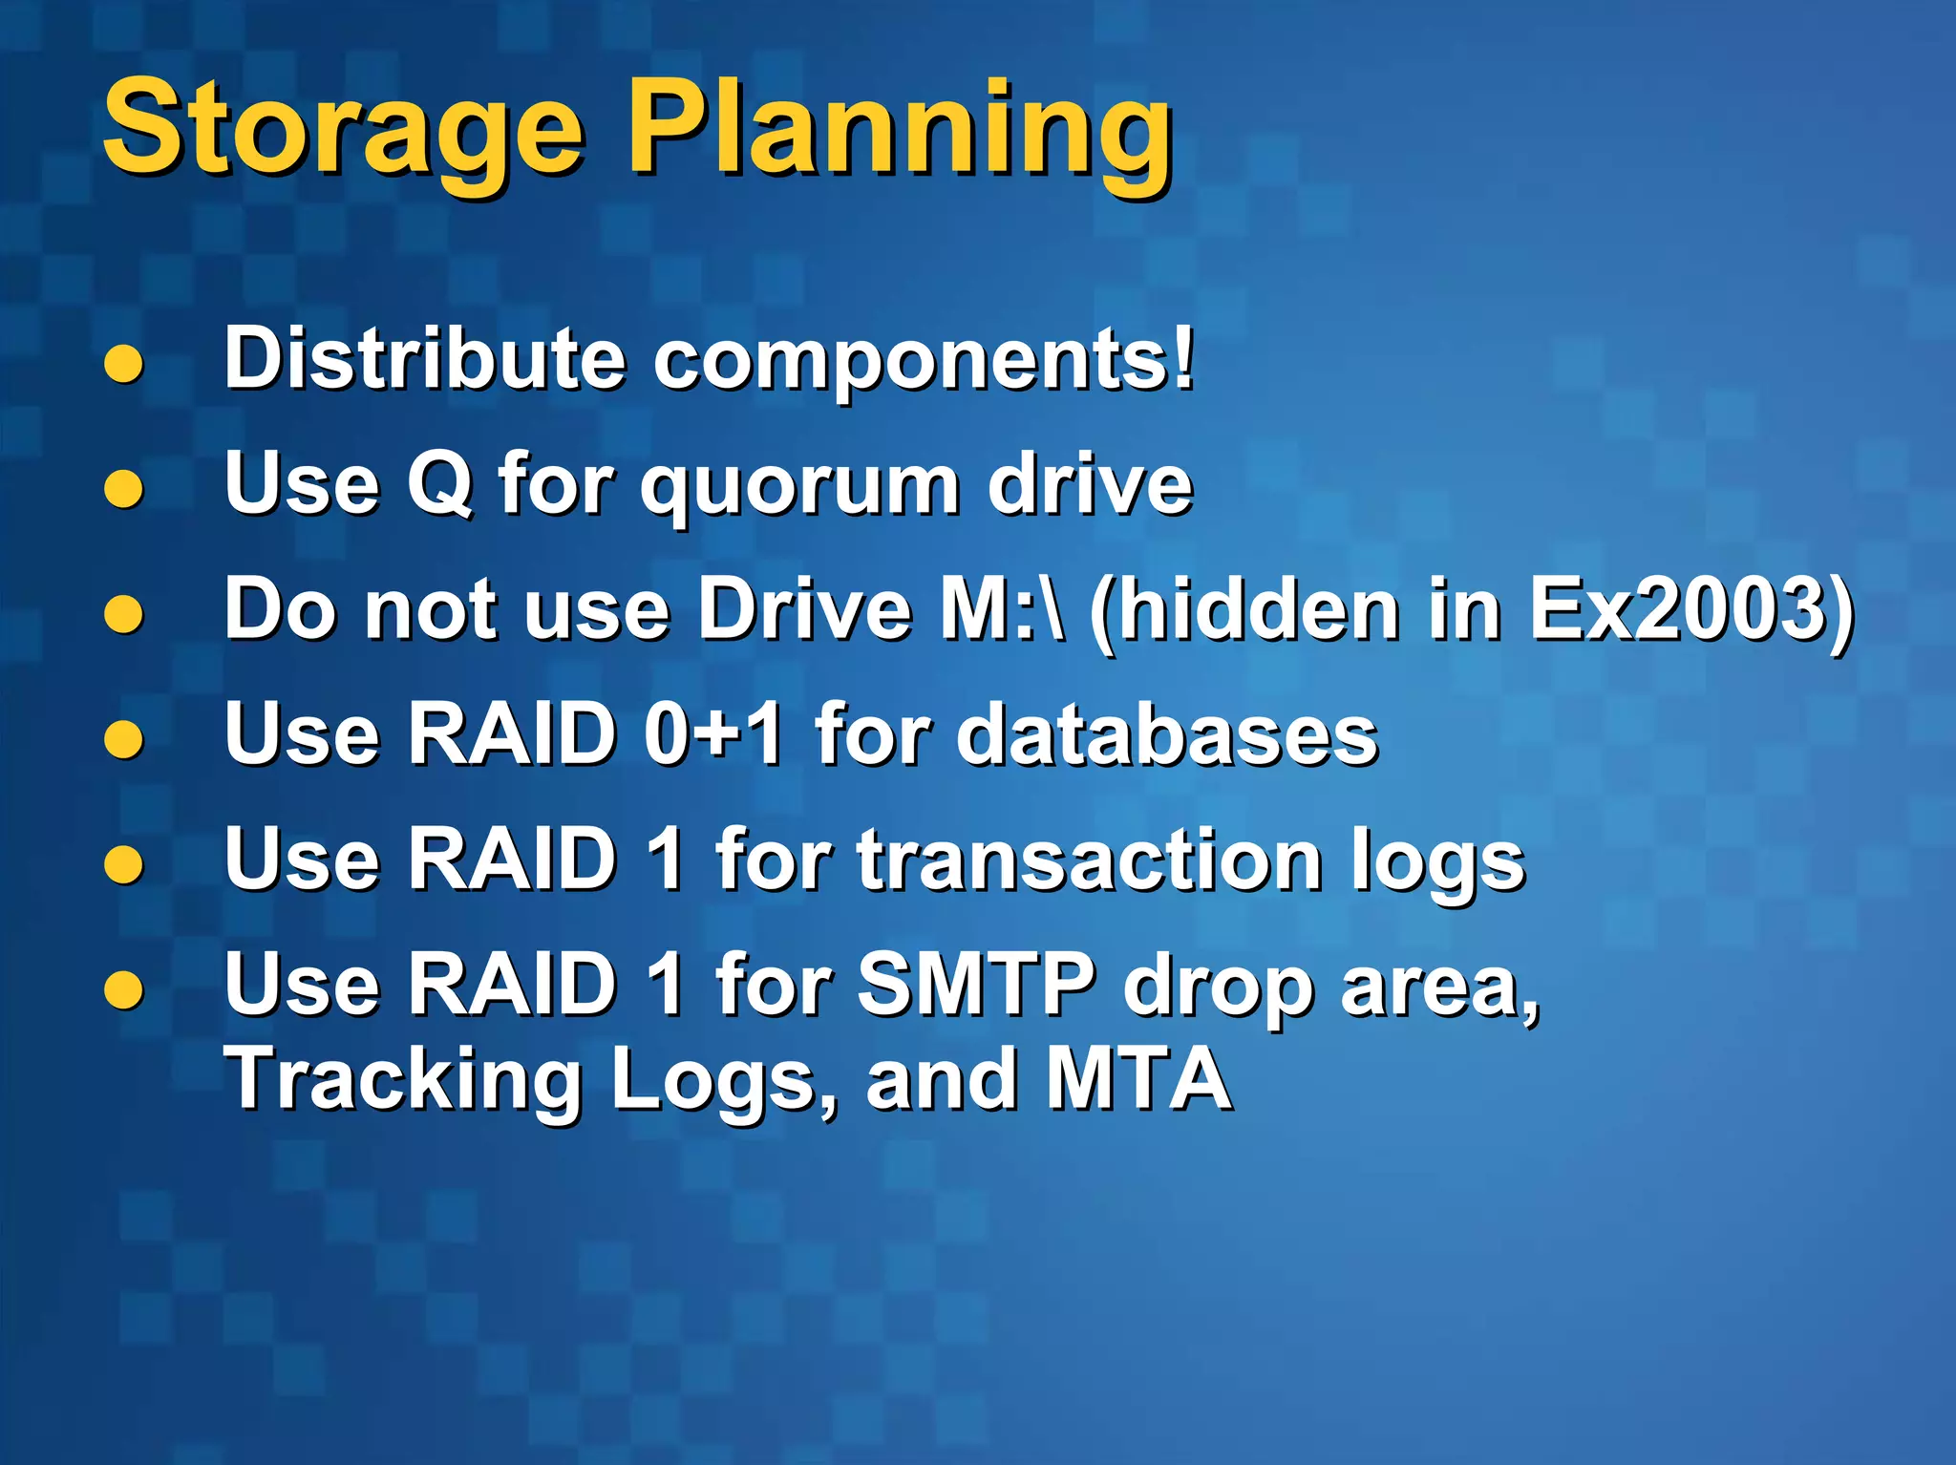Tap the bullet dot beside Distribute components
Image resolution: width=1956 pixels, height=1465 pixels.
tap(124, 364)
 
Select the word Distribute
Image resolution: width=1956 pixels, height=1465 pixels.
tap(425, 359)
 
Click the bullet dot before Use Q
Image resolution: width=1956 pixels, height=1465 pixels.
tap(124, 490)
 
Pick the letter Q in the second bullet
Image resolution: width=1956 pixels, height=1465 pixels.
tap(439, 485)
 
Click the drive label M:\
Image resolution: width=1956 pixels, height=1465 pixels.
tap(1002, 609)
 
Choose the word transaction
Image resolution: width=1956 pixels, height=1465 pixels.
tap(1089, 860)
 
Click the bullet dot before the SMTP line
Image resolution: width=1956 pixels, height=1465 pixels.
tap(124, 990)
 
